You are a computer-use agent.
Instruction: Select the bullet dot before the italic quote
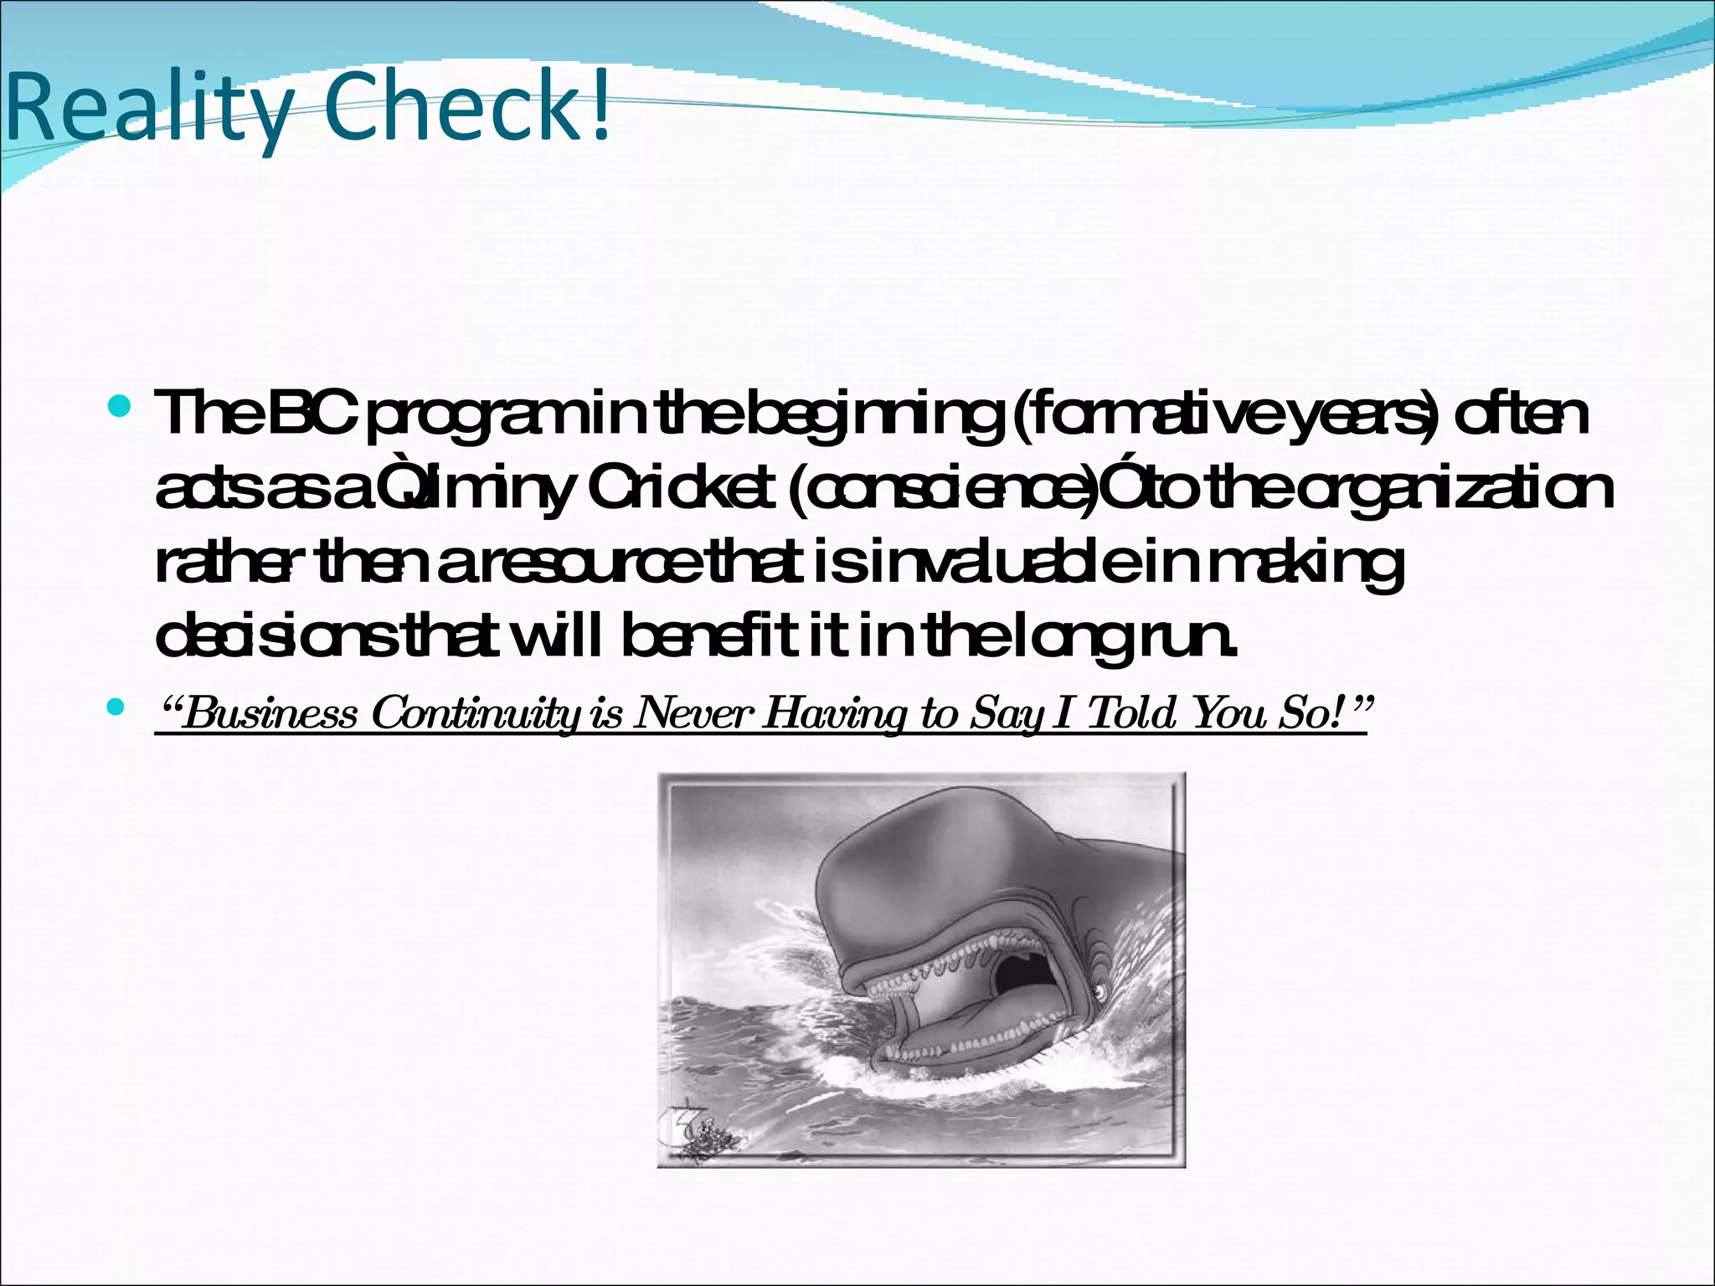[x=116, y=708]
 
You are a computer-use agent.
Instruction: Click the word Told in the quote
[x=1134, y=713]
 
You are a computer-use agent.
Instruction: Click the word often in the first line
[x=1521, y=414]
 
